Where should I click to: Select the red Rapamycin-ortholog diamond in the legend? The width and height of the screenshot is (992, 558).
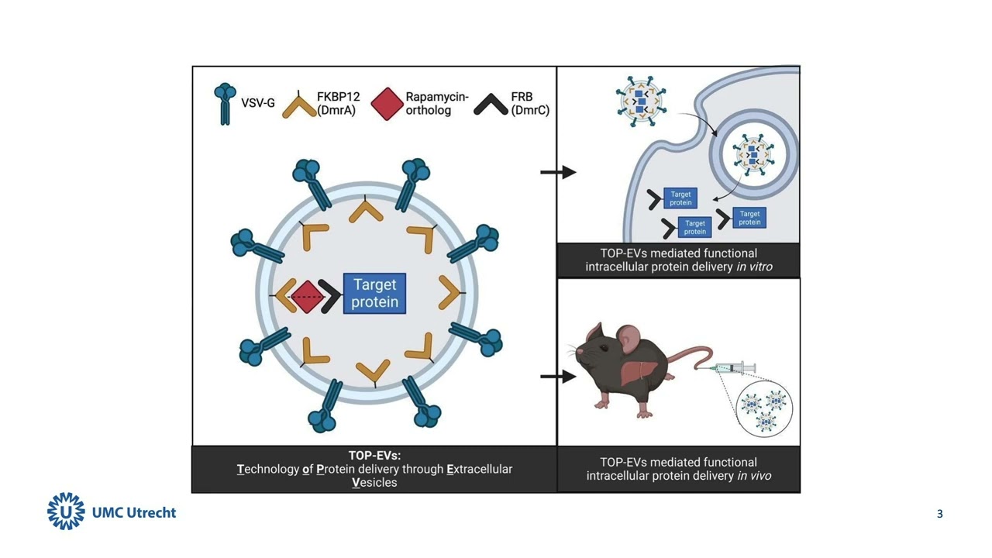(x=387, y=104)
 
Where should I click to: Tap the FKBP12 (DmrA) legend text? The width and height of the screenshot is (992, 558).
(x=338, y=103)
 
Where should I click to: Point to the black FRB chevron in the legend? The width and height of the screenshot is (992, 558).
(x=490, y=104)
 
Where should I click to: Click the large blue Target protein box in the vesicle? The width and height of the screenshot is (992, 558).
(x=374, y=294)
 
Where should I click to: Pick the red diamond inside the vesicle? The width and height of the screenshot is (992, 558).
(x=307, y=297)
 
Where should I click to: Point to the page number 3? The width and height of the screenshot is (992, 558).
(x=940, y=514)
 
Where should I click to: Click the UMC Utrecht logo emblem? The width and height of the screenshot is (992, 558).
(x=66, y=511)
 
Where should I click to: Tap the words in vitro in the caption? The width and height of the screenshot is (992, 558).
(x=755, y=267)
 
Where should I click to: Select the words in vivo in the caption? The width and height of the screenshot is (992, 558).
(x=754, y=475)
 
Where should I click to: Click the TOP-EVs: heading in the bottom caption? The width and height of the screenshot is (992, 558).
(x=374, y=456)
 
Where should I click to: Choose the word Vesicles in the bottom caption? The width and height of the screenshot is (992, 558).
(x=374, y=482)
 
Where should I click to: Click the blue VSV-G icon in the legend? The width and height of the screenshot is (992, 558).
(x=224, y=104)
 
